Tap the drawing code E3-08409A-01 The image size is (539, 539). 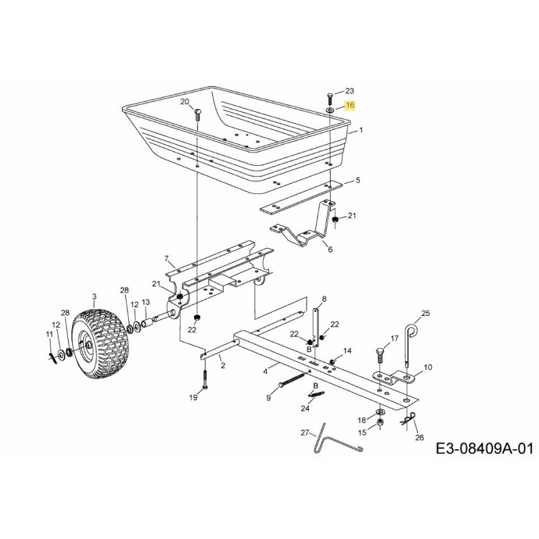[x=483, y=449]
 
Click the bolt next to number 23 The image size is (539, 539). [x=329, y=96]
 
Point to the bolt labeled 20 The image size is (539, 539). [x=197, y=113]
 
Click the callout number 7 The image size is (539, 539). [x=166, y=258]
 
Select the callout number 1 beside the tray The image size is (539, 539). [x=360, y=130]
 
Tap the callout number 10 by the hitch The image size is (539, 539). [x=429, y=367]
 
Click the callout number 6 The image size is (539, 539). [x=330, y=249]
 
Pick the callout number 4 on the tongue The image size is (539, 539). [x=265, y=369]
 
